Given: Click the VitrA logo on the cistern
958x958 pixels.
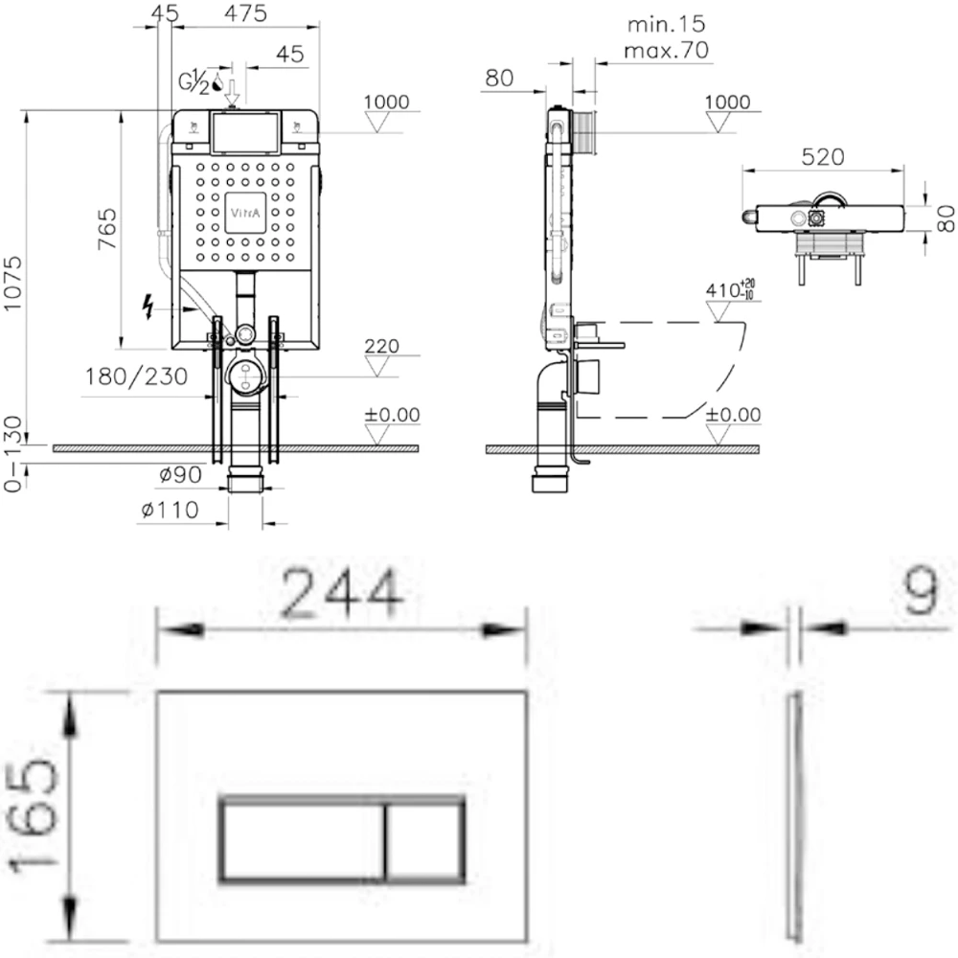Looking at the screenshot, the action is coord(245,213).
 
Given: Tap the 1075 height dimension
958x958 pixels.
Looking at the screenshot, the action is coord(12,284).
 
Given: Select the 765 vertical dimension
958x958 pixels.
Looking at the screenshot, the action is coord(107,229).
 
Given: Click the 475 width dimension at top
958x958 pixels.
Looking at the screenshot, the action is coord(245,13).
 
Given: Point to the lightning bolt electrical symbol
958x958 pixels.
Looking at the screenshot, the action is coord(148,307).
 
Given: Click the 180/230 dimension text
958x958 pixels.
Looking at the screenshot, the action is coord(136,376).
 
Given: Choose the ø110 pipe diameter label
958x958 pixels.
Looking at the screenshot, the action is coord(170,510).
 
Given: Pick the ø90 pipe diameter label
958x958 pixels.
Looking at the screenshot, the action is coord(180,475).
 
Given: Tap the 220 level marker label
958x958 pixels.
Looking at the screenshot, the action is coord(382,347).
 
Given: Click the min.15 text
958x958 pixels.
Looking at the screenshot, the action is coord(667,25).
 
